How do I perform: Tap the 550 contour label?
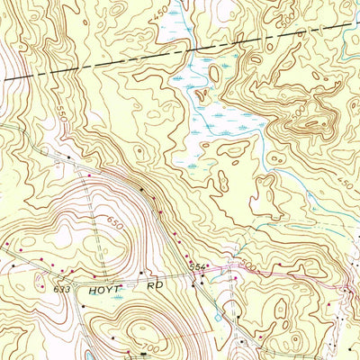tap(61, 118)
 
